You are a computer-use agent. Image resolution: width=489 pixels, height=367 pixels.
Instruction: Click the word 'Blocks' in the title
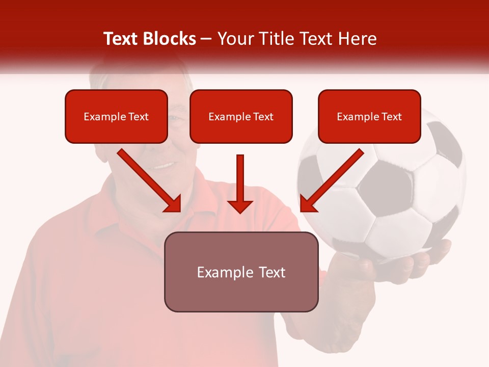point(170,39)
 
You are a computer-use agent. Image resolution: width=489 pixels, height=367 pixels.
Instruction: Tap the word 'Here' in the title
point(358,39)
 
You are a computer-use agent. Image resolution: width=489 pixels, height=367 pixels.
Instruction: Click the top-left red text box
point(116,116)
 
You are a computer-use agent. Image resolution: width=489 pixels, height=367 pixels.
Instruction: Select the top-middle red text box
point(241,116)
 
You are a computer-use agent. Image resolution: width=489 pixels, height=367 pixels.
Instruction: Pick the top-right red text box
point(369,116)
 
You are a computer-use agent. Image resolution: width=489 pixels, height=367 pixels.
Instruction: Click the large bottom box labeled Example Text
point(241,272)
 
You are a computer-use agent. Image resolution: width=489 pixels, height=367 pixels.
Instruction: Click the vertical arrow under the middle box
point(240,183)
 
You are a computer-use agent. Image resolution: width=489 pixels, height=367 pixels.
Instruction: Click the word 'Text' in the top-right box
point(391,117)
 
